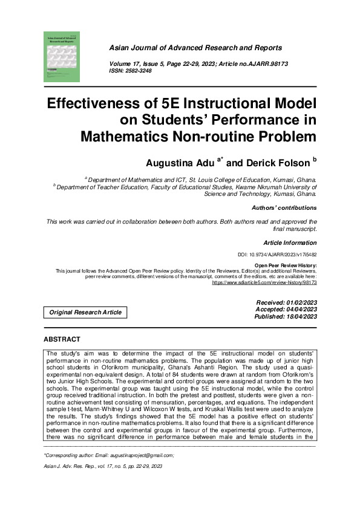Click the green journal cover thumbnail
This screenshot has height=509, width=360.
(x=62, y=56)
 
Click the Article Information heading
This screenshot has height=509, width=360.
(x=290, y=242)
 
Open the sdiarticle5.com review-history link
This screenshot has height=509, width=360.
(x=264, y=282)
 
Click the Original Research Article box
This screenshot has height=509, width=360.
(x=85, y=313)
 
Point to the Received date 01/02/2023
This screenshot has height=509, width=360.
(x=287, y=302)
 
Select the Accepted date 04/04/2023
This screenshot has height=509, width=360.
(x=287, y=310)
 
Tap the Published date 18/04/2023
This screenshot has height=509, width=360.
(x=286, y=316)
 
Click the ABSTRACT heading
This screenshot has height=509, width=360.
(x=67, y=339)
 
